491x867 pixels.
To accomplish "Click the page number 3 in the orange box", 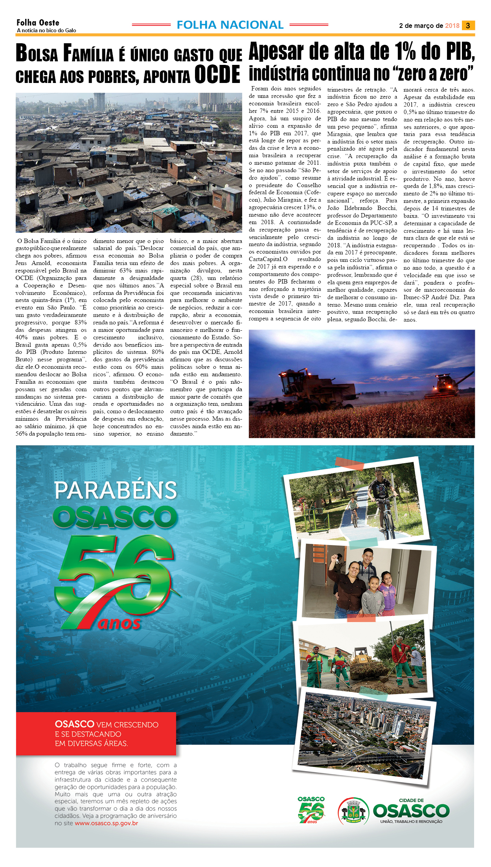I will point(468,26).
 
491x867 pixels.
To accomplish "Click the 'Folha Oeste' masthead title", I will point(38,23).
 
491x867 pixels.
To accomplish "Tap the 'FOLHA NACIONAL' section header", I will point(230,25).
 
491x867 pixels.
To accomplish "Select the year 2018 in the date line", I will point(452,26).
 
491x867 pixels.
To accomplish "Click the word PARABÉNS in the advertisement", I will point(116,490).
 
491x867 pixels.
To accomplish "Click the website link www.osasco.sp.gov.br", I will point(106,823).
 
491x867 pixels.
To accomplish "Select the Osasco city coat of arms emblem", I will point(353,810).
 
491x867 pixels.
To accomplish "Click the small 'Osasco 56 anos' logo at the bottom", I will point(311,810).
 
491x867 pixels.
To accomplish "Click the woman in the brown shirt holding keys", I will point(350,590).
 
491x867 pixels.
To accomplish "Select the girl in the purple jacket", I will point(388,593).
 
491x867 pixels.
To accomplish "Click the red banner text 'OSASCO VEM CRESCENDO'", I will point(107,724).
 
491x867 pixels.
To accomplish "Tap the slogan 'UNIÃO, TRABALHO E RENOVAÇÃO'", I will point(411,821).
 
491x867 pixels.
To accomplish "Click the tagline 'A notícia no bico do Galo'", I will point(46,30).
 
